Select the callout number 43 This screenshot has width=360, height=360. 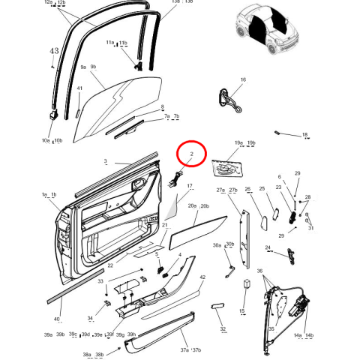53,52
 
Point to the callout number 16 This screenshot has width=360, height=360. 243,79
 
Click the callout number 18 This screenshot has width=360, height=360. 305,135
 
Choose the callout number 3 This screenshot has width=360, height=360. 105,161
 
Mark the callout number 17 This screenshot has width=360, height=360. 190,186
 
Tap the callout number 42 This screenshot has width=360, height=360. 202,277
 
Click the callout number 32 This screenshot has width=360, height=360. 223,328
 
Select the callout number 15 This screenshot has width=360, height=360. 242,310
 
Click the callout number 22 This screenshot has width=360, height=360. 110,265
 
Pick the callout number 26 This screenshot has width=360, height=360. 248,190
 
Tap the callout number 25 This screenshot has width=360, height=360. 262,190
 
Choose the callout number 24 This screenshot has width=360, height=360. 268,247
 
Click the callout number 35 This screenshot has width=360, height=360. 271,328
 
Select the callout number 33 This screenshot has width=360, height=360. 100,281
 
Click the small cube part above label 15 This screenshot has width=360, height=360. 245,284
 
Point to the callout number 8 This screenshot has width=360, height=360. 162,107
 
